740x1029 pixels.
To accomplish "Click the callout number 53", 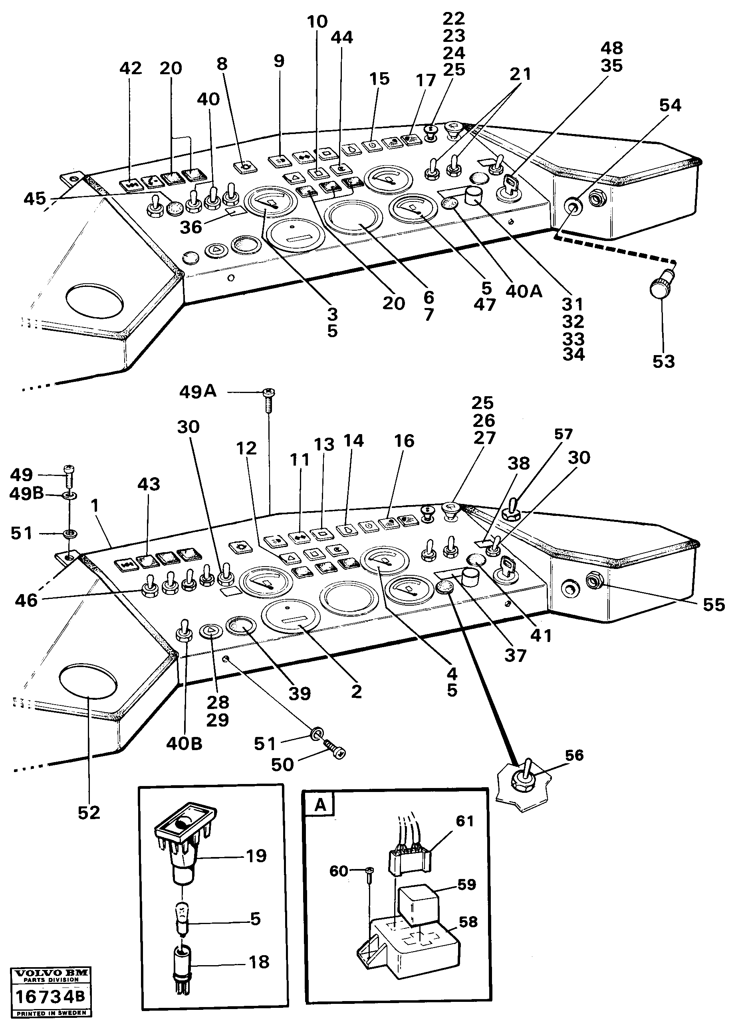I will pos(663,361).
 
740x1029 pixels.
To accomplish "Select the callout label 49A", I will pos(198,391).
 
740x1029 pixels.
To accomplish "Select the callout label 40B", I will pos(184,744).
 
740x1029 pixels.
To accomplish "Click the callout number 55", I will pos(714,604).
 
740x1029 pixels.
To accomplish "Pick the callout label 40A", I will pos(524,291).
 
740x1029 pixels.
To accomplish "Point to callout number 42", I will pos(131,68).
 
